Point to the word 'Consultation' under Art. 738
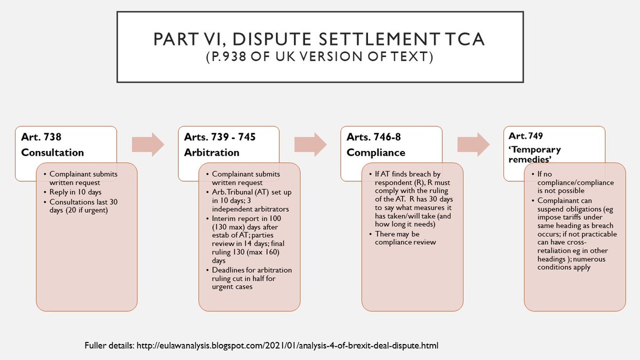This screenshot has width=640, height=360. click(x=52, y=153)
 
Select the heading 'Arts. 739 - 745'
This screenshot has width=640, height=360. click(x=219, y=137)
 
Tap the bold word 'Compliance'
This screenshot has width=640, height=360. click(x=375, y=153)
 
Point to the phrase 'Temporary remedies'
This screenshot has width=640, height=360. click(x=534, y=155)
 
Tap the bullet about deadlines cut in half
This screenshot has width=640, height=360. click(x=252, y=279)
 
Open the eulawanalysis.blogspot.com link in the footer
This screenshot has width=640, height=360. click(x=289, y=346)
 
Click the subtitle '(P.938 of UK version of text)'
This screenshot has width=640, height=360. click(x=319, y=56)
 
